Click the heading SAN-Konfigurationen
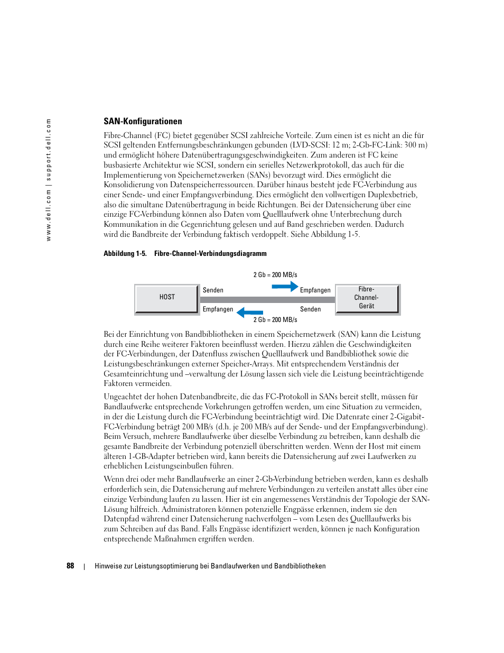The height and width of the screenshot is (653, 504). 143,122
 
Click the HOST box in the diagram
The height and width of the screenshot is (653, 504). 167,298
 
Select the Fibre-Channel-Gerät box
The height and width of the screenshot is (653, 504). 367,298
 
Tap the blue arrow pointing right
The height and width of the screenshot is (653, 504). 285,287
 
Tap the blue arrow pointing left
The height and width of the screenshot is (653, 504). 250,312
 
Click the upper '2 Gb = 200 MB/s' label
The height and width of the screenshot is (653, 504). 275,275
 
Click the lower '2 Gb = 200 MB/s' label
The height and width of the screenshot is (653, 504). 275,320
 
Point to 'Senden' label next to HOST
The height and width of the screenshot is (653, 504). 213,290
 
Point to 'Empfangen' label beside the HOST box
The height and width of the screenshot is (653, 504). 218,309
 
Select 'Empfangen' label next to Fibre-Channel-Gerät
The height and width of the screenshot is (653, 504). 315,290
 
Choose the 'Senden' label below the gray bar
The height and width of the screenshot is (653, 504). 310,309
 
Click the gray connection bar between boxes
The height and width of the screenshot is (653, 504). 267,300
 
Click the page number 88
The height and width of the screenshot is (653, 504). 70,566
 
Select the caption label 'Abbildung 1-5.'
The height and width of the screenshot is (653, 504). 125,254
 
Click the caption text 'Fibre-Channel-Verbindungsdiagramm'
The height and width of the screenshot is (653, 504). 210,254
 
